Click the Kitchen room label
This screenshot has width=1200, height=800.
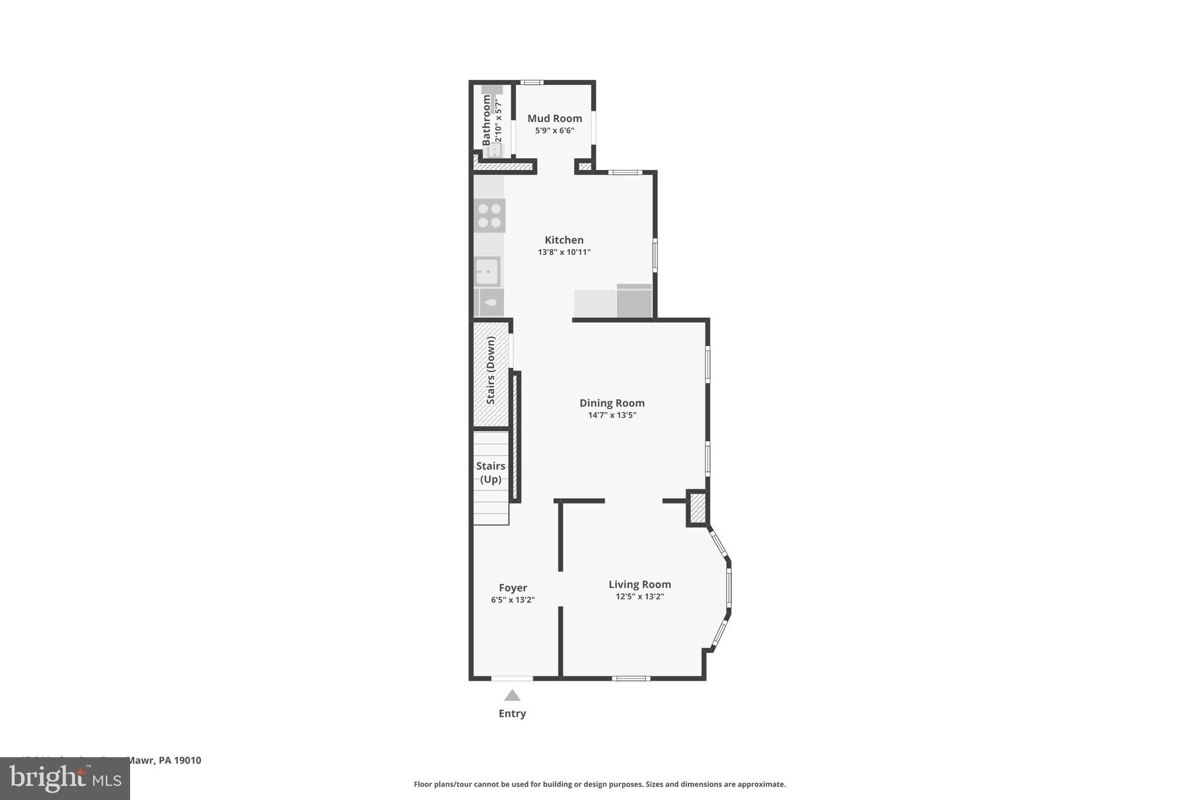click(564, 240)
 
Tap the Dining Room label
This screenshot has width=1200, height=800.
click(612, 403)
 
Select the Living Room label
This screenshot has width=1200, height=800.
click(639, 584)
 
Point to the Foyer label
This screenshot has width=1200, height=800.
click(513, 588)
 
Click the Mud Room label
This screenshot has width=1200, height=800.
click(554, 118)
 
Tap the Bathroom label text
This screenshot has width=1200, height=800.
click(486, 120)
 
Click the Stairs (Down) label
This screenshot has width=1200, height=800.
click(491, 370)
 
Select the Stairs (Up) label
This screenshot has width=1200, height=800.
click(490, 472)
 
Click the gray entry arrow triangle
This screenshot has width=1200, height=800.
click(512, 696)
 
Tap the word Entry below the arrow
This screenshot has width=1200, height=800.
click(512, 713)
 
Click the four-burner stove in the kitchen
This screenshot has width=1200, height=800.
click(489, 216)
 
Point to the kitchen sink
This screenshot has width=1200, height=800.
click(487, 272)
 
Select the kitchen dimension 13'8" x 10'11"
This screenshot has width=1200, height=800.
click(564, 253)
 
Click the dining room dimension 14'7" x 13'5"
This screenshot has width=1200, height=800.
click(612, 416)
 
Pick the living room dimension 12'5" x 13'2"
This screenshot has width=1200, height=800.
click(639, 597)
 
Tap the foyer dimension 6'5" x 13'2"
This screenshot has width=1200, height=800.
click(513, 600)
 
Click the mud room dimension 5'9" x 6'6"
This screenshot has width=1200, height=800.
click(554, 131)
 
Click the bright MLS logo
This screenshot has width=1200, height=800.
click(65, 778)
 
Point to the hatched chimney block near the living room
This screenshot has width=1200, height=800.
click(697, 509)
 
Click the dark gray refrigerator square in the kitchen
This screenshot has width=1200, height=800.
click(634, 301)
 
